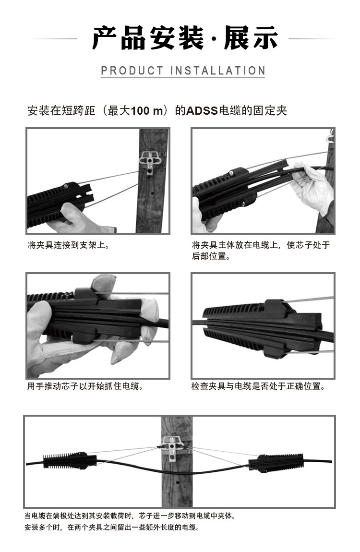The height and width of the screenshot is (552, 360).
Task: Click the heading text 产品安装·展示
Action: (185, 37)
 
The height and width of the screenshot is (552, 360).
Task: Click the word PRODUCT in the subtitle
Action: (132, 71)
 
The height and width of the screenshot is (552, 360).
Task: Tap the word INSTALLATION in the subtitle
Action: (217, 71)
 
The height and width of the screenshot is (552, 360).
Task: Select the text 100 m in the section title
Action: (147, 110)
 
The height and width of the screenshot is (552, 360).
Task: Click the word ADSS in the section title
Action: (202, 110)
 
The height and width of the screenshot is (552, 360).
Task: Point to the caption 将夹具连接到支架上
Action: (69, 245)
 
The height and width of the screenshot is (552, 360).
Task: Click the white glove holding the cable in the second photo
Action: (312, 186)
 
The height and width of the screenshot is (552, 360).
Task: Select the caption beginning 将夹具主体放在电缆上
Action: (261, 250)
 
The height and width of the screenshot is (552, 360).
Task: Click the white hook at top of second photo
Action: (330, 136)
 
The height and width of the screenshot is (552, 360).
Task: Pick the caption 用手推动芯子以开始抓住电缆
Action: (85, 386)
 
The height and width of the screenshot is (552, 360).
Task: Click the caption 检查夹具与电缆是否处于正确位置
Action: (258, 386)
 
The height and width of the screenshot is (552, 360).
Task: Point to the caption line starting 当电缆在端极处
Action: (130, 516)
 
